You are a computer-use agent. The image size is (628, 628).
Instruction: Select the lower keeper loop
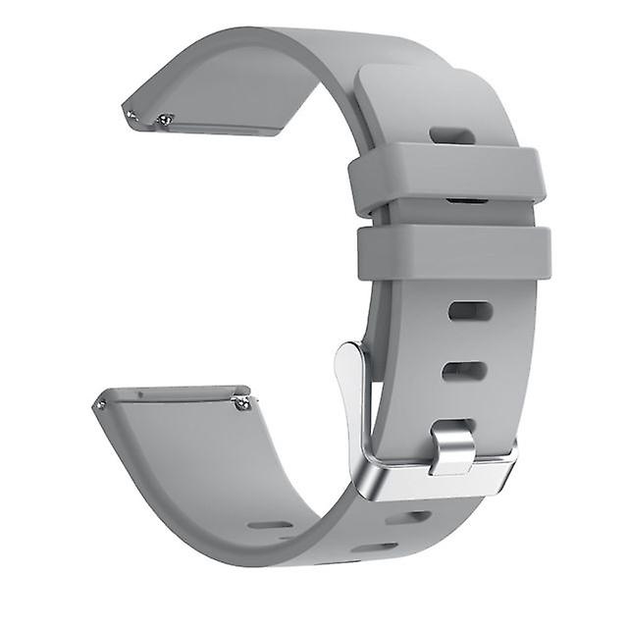click(453, 252)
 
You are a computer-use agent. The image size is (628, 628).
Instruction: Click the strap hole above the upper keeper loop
click(452, 134)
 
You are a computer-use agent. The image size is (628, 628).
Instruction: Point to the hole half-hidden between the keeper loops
click(466, 201)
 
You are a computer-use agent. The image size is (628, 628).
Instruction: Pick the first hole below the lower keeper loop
click(470, 311)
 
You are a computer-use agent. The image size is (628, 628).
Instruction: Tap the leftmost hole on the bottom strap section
click(270, 525)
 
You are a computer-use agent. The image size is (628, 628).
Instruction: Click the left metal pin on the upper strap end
click(131, 115)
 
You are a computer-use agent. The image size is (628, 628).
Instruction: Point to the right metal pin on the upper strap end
click(165, 121)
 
